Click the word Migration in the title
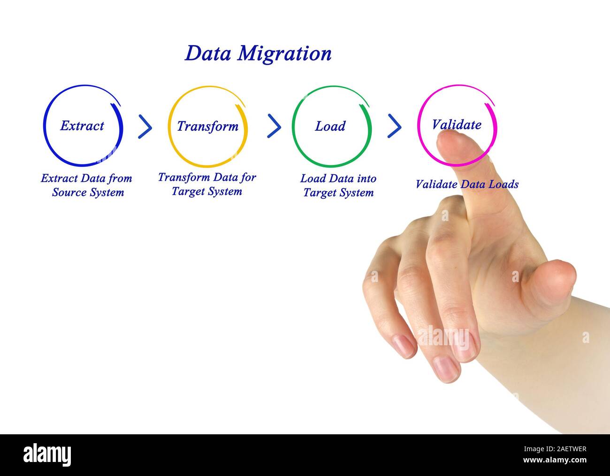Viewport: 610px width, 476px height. [284, 54]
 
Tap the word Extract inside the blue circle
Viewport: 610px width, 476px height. [82, 126]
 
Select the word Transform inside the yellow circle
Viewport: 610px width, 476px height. [207, 126]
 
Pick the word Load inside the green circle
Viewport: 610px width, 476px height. [330, 126]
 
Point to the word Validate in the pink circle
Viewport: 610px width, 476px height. [456, 125]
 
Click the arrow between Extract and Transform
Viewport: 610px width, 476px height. [145, 127]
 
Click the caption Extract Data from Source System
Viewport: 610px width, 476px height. [87, 185]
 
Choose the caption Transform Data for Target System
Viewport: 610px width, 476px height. [207, 184]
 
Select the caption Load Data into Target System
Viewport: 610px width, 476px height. [338, 186]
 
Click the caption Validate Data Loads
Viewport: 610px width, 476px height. [467, 184]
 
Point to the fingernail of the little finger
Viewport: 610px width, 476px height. [404, 346]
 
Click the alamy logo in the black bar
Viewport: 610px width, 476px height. [47, 454]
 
